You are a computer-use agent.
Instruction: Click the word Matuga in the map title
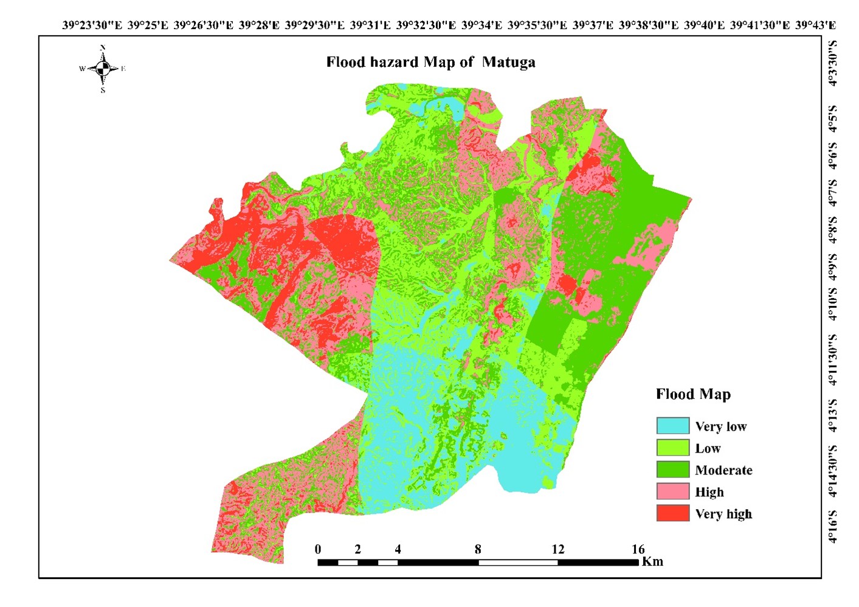tap(509, 62)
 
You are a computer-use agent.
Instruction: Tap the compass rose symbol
tap(103, 69)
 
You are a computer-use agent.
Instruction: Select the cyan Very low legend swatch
tap(673, 426)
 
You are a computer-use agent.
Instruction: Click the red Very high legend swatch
tap(673, 513)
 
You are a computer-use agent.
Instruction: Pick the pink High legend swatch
tap(673, 491)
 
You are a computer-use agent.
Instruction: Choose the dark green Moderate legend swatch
tap(673, 470)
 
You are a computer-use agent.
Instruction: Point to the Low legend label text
tap(708, 448)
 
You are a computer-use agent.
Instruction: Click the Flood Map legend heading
tap(693, 394)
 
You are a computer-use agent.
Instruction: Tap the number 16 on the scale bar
tap(638, 549)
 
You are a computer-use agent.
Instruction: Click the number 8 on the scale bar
tap(478, 549)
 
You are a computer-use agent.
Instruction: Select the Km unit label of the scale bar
tap(652, 561)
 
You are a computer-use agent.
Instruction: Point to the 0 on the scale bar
tap(318, 549)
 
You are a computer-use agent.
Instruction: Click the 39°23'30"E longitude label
tap(92, 25)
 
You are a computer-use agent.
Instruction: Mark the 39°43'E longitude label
tap(815, 25)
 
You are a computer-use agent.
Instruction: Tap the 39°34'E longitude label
tap(481, 25)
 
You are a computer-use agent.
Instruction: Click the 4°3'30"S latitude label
tap(832, 63)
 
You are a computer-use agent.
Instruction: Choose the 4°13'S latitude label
tap(832, 415)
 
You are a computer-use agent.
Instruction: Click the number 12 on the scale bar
tap(557, 549)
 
